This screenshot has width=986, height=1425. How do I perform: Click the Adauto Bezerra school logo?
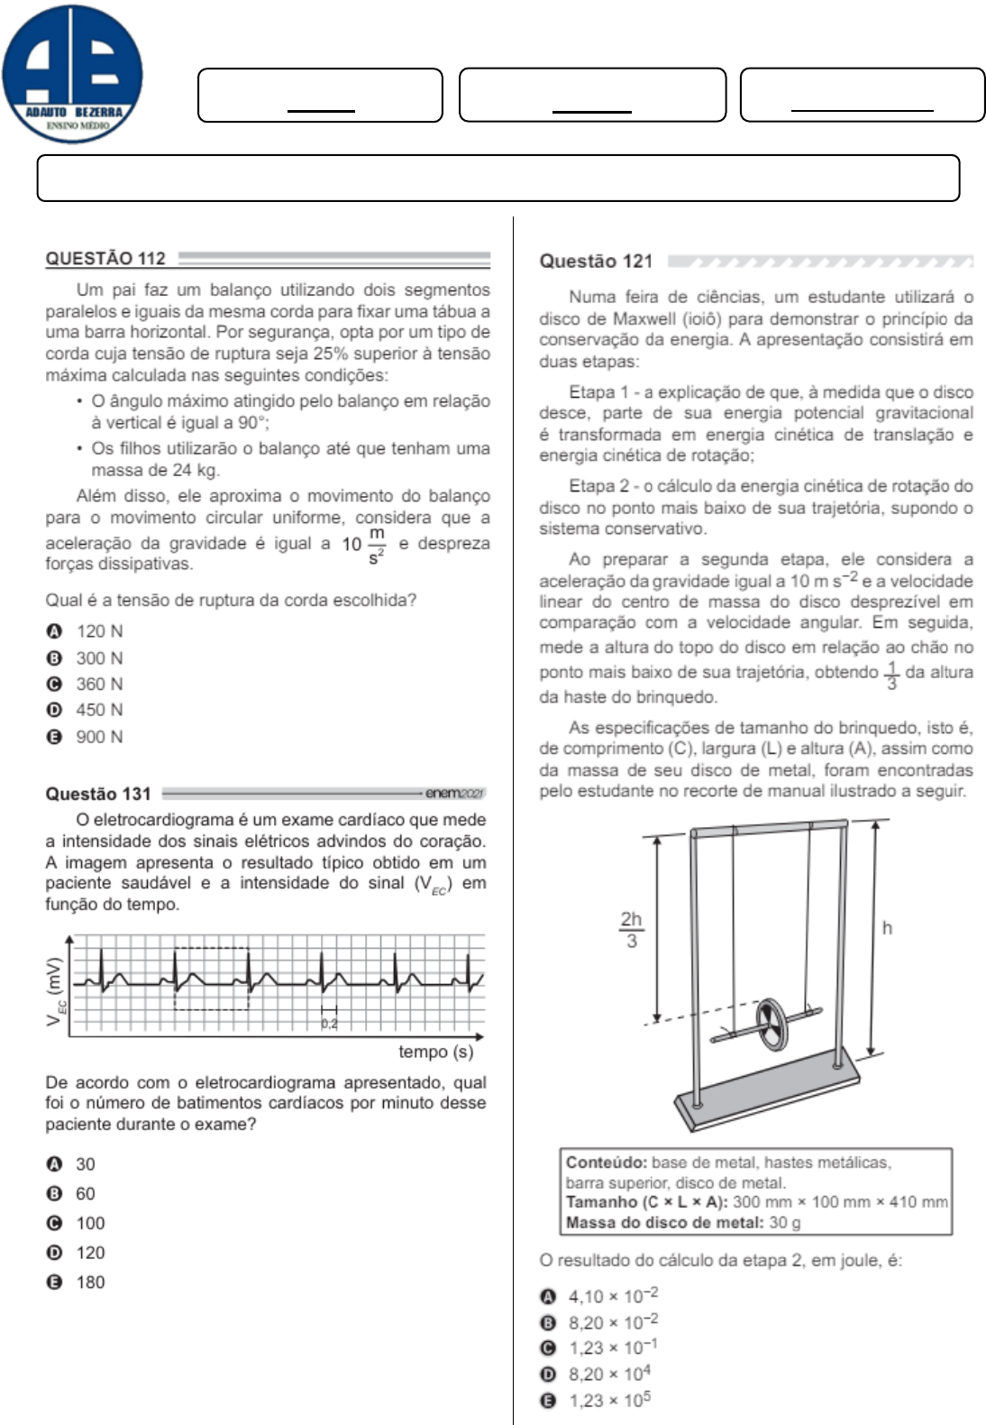(72, 74)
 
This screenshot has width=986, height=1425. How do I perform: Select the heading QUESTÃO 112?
(105, 259)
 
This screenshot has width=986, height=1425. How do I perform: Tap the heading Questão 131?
(98, 794)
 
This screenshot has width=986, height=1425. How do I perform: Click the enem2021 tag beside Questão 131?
(454, 793)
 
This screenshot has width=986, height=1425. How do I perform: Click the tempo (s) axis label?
(435, 1052)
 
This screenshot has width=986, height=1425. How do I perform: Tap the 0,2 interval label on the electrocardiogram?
(329, 1024)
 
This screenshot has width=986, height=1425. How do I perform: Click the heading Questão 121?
(596, 262)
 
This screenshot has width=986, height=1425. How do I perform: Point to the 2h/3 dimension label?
(631, 930)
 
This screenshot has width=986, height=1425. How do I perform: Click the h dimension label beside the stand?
(887, 928)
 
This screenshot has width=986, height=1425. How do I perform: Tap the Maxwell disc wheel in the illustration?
(771, 1025)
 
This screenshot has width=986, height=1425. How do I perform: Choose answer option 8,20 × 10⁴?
(608, 1374)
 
